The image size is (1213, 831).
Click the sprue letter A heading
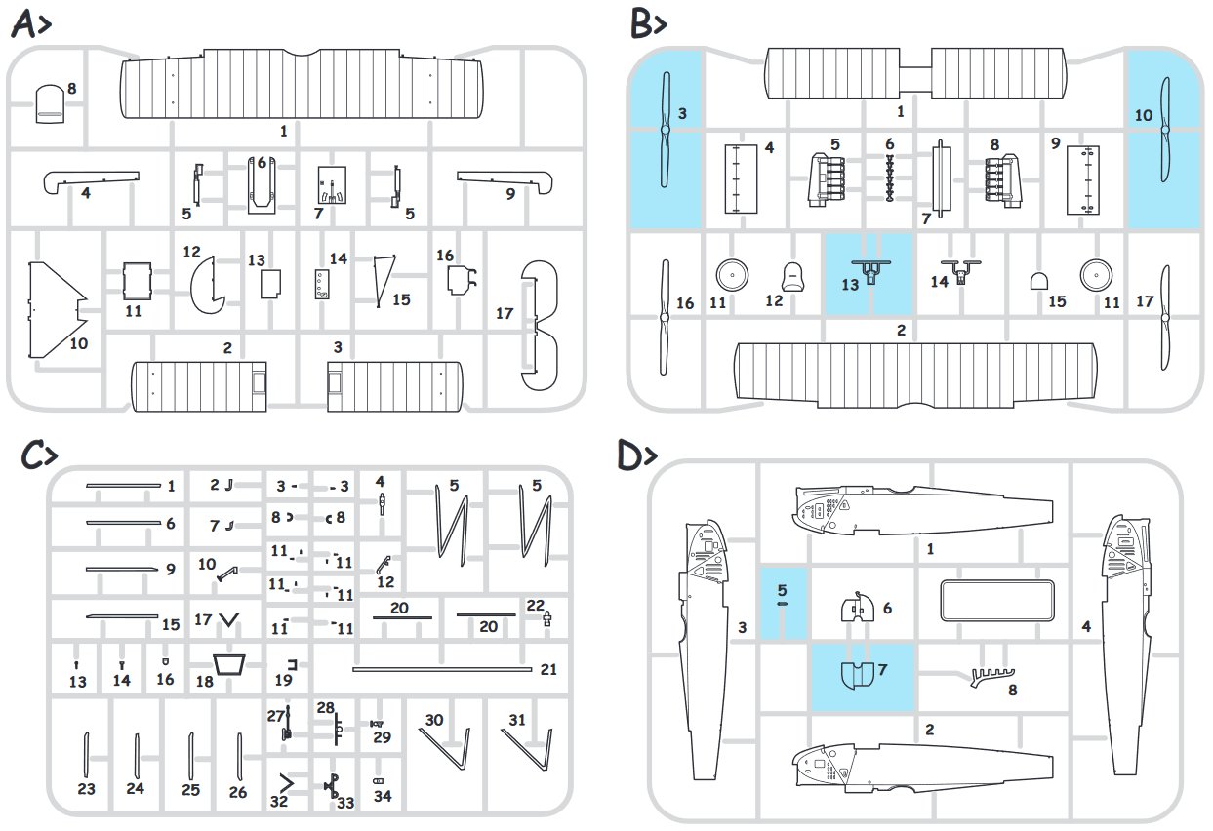pyautogui.click(x=29, y=24)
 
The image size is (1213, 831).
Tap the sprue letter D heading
pyautogui.click(x=636, y=456)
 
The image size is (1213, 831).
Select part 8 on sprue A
pyautogui.click(x=50, y=101)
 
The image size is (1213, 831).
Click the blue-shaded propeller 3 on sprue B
pyautogui.click(x=664, y=132)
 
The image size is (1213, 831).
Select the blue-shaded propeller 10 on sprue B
pyautogui.click(x=1164, y=132)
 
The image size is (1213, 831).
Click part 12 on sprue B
pyautogui.click(x=796, y=277)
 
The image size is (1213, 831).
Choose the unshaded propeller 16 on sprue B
pyautogui.click(x=664, y=318)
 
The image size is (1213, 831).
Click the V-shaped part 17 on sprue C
pyautogui.click(x=230, y=619)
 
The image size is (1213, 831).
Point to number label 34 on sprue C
pyautogui.click(x=383, y=796)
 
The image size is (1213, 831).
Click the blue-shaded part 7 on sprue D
pyautogui.click(x=860, y=675)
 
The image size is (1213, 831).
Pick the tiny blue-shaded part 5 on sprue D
pyautogui.click(x=783, y=604)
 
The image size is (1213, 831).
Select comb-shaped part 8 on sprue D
pyautogui.click(x=990, y=674)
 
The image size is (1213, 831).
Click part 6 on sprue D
pyautogui.click(x=857, y=608)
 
